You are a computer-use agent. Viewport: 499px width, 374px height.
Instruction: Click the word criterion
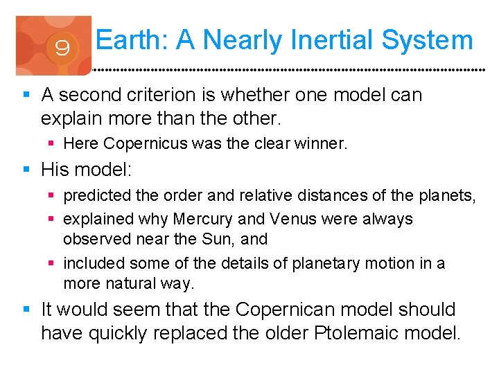[x=165, y=94]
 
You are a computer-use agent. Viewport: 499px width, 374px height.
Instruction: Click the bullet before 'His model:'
[x=26, y=169]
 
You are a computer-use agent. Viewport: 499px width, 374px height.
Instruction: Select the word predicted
[x=96, y=196]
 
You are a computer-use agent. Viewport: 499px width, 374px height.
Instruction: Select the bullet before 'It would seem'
[x=26, y=309]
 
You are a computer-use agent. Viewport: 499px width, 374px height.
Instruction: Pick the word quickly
[x=120, y=333]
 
